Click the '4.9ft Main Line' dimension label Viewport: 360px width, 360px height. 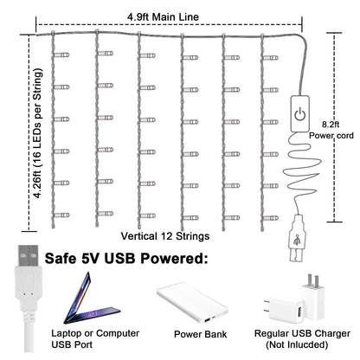pos(163,16)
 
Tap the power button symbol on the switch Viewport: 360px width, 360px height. pos(299,114)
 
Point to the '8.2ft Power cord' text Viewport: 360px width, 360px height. pos(331,130)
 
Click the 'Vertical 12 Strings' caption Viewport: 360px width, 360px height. pos(165,236)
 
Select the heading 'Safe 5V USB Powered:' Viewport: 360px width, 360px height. pos(126,258)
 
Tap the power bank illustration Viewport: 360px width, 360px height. pos(193,303)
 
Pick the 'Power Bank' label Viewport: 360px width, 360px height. pos(200,334)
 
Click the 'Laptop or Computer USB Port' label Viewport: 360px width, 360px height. pos(95,338)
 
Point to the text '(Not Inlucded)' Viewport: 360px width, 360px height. pos(297,344)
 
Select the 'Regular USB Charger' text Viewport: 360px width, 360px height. pos(302,333)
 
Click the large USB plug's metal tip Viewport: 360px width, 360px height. pos(28,255)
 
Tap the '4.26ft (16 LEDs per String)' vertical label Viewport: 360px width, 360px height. pos(37,133)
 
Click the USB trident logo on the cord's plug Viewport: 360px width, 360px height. pos(297,240)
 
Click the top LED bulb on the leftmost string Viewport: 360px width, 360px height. pos(61,55)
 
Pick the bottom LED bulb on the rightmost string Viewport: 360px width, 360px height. pos(271,218)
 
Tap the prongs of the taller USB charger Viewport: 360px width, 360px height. pos(312,280)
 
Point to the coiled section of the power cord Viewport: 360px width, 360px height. pos(302,170)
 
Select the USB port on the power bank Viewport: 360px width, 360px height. pos(207,320)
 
